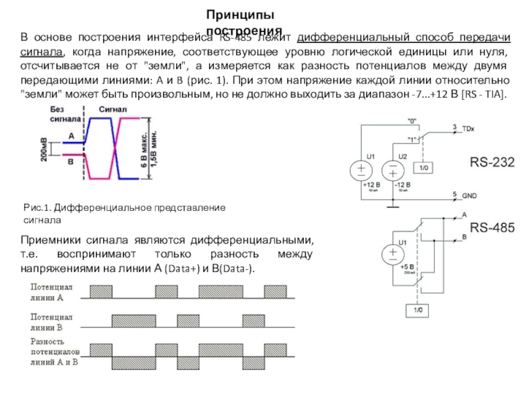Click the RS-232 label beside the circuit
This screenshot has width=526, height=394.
tap(490, 162)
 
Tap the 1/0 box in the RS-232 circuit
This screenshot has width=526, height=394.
tap(425, 169)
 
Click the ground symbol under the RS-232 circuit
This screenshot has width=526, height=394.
tap(393, 206)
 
